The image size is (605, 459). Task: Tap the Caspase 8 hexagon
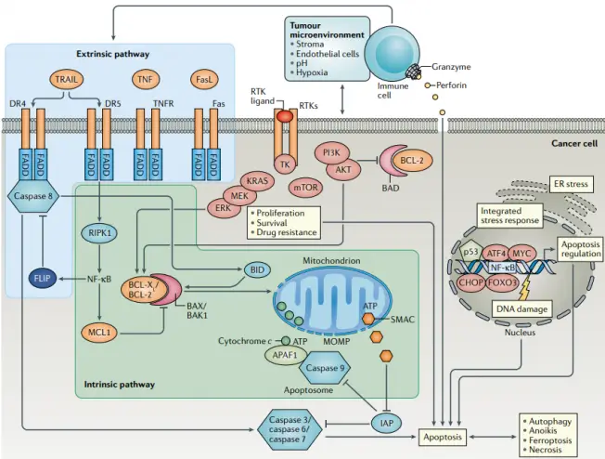[36, 196]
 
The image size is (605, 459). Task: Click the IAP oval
[386, 423]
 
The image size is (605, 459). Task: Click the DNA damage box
[518, 308]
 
